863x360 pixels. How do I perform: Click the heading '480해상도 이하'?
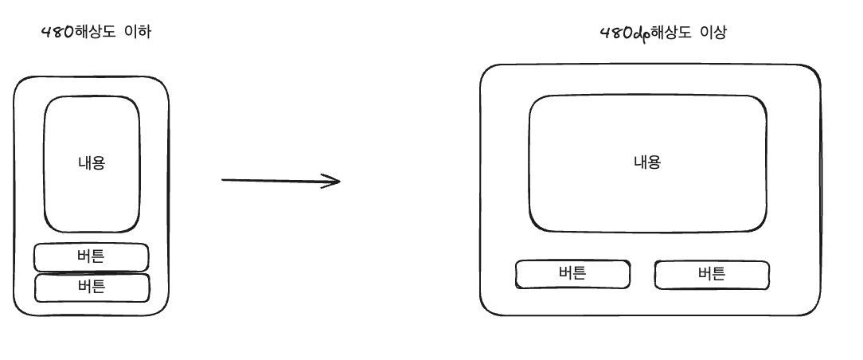(x=96, y=33)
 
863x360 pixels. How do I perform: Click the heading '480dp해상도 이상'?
(x=662, y=33)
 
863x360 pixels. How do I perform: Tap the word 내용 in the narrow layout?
(x=92, y=163)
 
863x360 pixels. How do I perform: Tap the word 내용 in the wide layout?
(x=647, y=162)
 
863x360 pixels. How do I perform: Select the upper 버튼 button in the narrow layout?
(x=92, y=257)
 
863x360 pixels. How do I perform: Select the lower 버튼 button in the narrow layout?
(x=92, y=288)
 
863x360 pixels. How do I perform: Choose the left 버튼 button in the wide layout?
(x=572, y=275)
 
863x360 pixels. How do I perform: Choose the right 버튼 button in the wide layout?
(x=712, y=275)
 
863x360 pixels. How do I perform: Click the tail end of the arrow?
(x=224, y=180)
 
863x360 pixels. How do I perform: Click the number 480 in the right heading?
(x=614, y=33)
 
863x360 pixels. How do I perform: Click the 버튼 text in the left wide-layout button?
(x=572, y=274)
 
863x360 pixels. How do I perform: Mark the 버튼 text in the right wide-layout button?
(x=712, y=274)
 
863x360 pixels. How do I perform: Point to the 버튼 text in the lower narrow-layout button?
(x=92, y=287)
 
